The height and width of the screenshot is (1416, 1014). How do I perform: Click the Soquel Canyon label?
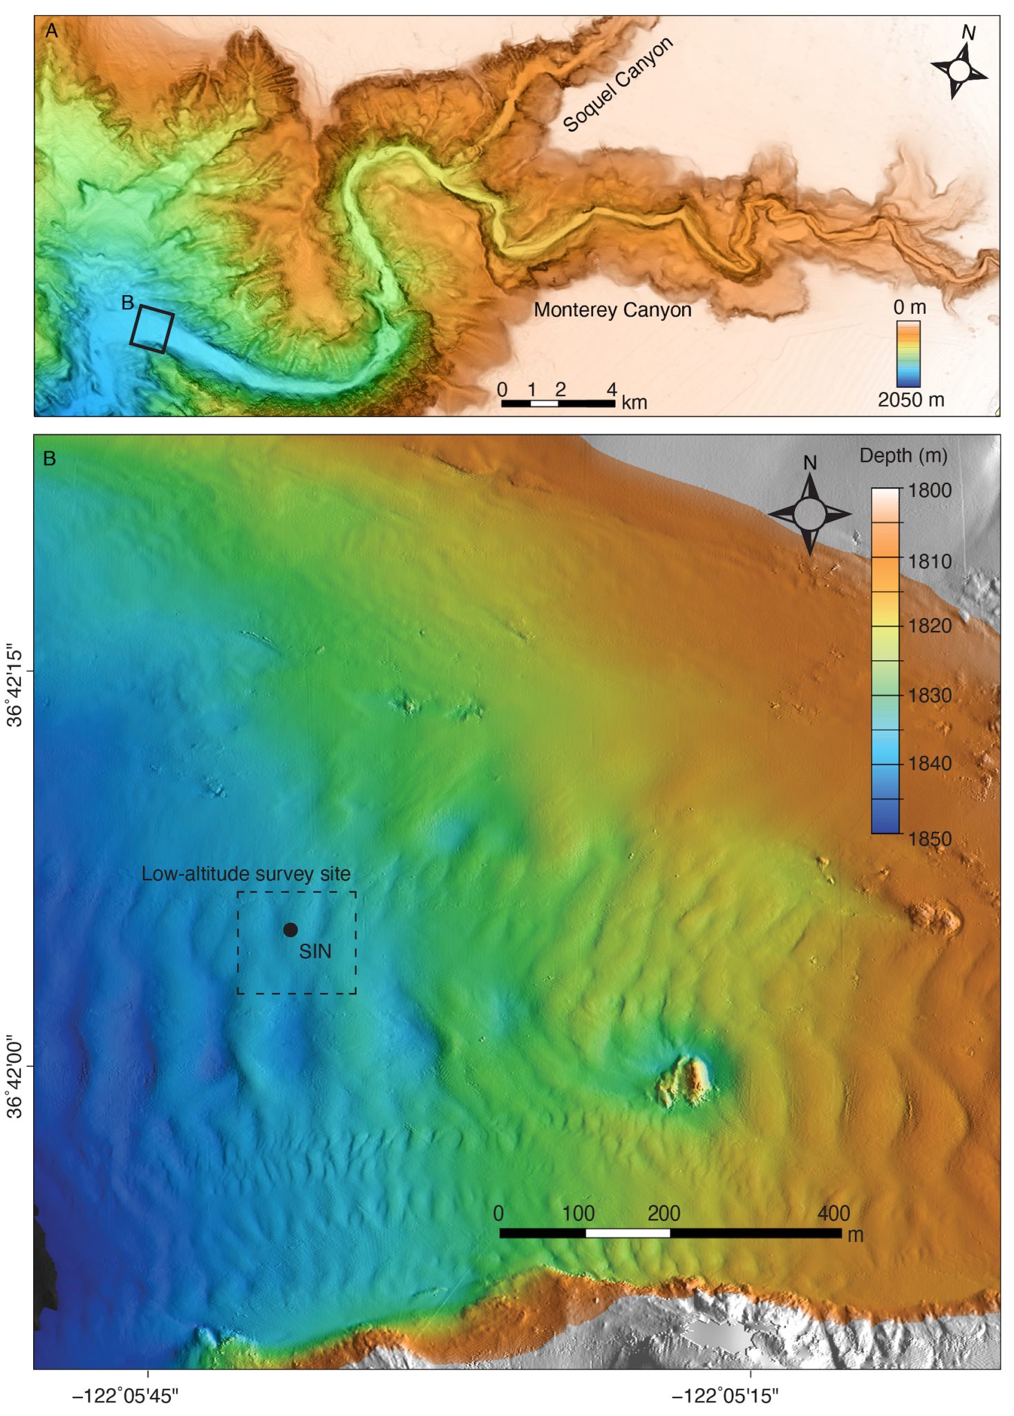click(617, 84)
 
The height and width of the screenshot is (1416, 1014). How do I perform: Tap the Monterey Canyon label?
click(612, 310)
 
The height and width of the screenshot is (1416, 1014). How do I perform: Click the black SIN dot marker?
click(290, 930)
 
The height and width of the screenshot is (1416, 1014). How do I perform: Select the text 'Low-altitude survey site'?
click(246, 874)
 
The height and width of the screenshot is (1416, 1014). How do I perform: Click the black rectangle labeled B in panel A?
click(152, 330)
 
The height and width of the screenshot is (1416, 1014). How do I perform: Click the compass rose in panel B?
click(809, 514)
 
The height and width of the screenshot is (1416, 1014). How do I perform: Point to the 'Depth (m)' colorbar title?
click(903, 456)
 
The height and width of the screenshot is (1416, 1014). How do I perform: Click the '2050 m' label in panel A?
click(910, 400)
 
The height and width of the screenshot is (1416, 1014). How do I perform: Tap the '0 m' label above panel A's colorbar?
click(909, 307)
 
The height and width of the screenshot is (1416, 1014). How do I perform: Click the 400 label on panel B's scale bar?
click(833, 1213)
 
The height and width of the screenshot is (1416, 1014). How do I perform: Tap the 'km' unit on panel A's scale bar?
click(634, 402)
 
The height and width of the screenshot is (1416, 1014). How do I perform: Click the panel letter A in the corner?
click(50, 31)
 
